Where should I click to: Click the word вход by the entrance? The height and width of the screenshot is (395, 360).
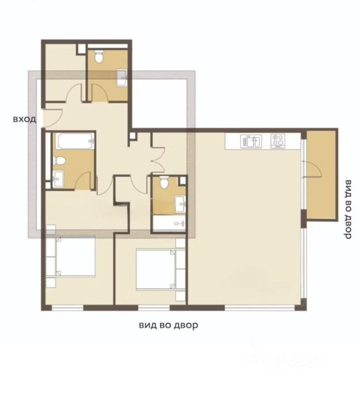24,119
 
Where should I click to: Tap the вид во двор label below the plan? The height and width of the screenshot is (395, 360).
168,325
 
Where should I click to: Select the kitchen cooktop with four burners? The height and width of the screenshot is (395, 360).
277,141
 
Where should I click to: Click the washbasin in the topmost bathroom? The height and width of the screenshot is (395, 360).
122,77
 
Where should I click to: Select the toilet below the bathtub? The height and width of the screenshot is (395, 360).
60,161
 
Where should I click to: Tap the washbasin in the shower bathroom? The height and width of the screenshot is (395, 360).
180,203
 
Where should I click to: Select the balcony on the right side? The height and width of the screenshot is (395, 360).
322,175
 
